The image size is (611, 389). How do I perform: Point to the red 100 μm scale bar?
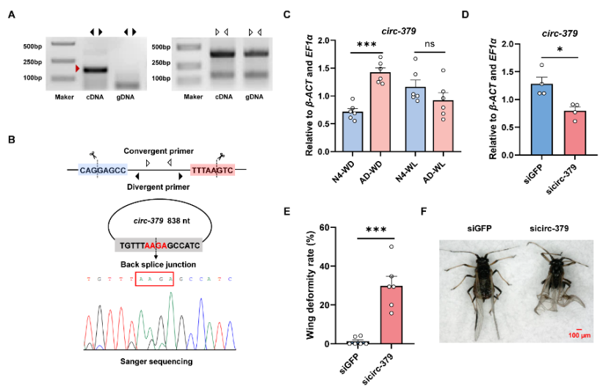(x=579, y=330)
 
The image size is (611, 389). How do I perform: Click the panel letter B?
(x=10, y=139)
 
